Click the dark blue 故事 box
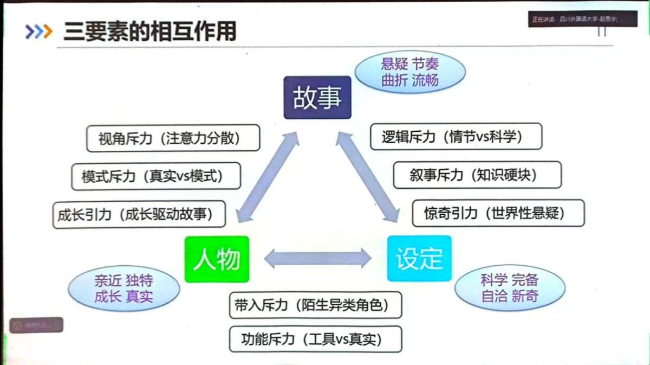point(317,98)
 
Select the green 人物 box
point(217,259)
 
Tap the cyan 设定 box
point(419,258)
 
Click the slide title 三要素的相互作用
point(150,31)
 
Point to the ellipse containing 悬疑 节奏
point(409,72)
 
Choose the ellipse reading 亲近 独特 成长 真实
point(123,289)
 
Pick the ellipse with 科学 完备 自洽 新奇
point(509,289)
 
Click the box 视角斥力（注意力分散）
point(173,138)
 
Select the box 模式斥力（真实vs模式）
point(156,176)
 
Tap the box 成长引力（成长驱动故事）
point(139,215)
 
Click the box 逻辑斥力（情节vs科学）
point(456,136)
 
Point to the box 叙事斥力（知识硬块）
point(477,175)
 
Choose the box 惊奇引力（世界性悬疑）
point(498,213)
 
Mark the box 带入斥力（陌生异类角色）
point(315,305)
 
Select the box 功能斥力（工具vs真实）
point(315,339)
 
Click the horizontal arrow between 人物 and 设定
point(318,258)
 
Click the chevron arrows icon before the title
point(38,32)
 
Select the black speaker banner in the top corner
point(575,19)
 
